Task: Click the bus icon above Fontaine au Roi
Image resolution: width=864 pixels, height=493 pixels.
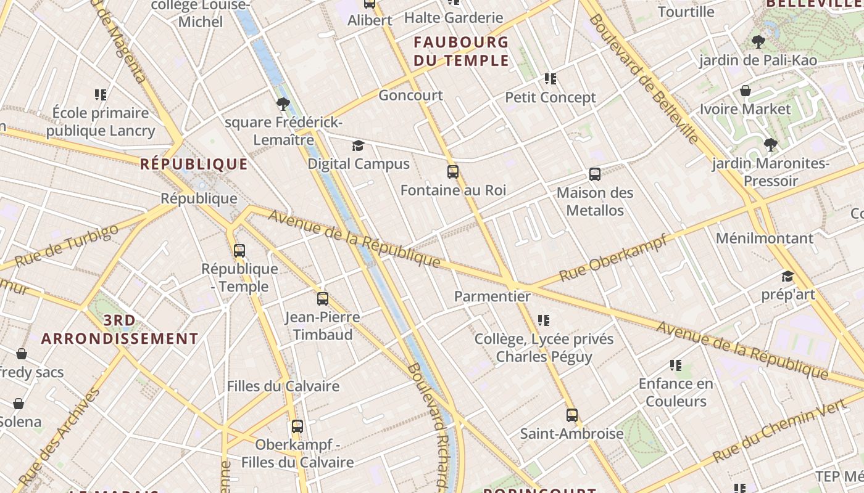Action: coord(453,172)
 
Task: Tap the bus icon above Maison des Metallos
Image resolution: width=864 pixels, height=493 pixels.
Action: coord(595,174)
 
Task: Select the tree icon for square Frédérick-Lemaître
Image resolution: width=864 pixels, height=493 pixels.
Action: coord(283,104)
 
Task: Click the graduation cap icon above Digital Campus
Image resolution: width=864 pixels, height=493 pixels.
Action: coord(358,146)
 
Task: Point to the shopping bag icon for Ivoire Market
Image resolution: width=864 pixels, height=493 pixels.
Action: coord(746,91)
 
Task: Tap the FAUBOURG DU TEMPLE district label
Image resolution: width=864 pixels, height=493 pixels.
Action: coord(461,51)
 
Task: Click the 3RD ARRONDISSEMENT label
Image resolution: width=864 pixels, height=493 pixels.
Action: coord(120,330)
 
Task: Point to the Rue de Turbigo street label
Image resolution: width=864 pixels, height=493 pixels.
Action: coord(66,246)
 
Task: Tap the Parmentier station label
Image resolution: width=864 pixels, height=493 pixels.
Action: coord(492,296)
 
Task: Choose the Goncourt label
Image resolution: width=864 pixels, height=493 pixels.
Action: coord(410,95)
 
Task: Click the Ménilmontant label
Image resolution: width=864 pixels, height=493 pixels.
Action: coord(764,238)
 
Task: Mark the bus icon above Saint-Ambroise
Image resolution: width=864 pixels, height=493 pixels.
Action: coord(572,415)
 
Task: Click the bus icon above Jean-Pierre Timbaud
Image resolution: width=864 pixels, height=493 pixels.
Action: coord(323,299)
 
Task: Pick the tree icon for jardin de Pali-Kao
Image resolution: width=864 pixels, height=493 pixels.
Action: coord(758,42)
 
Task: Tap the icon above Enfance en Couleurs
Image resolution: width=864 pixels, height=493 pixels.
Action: coord(676,365)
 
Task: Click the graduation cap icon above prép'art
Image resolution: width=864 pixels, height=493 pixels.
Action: coord(787,276)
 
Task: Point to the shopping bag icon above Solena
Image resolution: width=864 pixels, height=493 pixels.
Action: coord(19,404)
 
